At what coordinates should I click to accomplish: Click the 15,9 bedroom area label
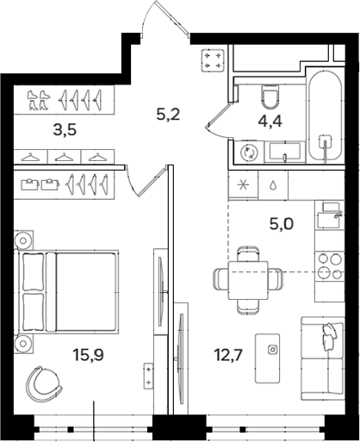tap(88, 355)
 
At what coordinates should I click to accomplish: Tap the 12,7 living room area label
tap(229, 355)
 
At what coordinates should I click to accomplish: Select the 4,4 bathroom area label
tap(270, 121)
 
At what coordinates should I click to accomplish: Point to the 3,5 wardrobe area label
tap(65, 130)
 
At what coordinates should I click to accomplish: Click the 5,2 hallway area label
tap(168, 115)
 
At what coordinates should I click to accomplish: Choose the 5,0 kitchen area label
tap(282, 224)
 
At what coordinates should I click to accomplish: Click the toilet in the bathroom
tap(270, 96)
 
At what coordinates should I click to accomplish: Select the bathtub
tap(326, 115)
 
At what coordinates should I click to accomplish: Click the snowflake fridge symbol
tap(243, 185)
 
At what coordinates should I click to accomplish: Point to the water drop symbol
tap(272, 185)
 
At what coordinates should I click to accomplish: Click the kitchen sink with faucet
tap(329, 215)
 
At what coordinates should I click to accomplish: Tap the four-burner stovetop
tap(330, 266)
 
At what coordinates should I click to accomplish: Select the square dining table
tap(248, 280)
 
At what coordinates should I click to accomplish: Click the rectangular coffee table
tap(268, 358)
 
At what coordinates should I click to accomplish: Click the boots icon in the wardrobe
tap(38, 100)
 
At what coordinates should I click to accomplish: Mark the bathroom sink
tap(284, 152)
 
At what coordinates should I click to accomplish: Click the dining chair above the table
tap(248, 253)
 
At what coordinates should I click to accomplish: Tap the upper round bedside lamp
tap(23, 240)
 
